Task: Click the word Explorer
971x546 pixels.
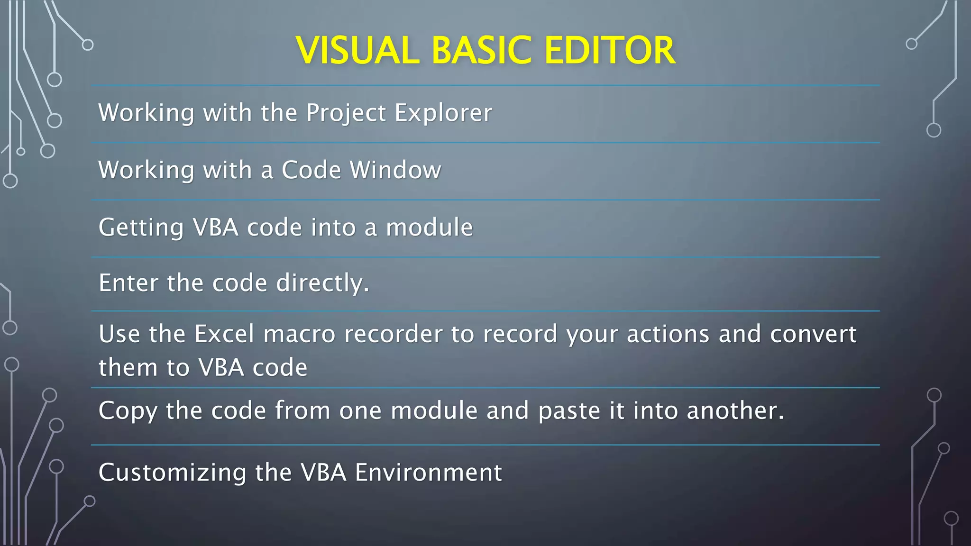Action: [x=443, y=113]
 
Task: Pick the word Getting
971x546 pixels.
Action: [x=141, y=228]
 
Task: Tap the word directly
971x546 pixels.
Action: [x=322, y=283]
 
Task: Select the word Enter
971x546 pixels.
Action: [x=128, y=283]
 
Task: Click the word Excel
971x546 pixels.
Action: [x=225, y=334]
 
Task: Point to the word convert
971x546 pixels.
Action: [x=813, y=334]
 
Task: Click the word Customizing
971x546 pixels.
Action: [x=172, y=473]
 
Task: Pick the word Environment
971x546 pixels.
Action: [x=428, y=473]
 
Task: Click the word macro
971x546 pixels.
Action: [x=300, y=334]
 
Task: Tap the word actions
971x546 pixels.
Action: [x=668, y=334]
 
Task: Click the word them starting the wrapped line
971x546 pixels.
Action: [x=127, y=368]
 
